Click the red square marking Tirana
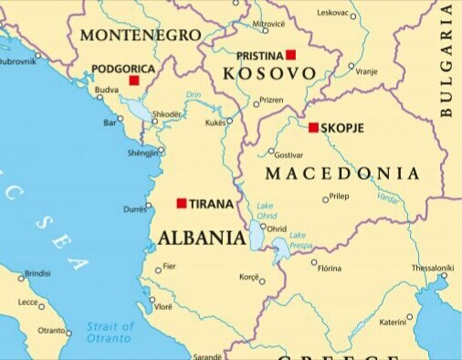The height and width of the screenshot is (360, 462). pyautogui.click(x=182, y=203)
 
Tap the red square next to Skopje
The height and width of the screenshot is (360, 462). pyautogui.click(x=313, y=128)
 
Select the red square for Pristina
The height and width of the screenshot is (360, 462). pyautogui.click(x=291, y=55)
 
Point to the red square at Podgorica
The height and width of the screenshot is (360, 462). pyautogui.click(x=134, y=80)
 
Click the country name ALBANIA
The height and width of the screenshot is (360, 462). pyautogui.click(x=202, y=238)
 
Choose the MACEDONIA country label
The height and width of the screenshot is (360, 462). pyautogui.click(x=342, y=174)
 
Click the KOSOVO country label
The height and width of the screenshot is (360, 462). pyautogui.click(x=264, y=72)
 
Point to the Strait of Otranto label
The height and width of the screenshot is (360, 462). pyautogui.click(x=110, y=332)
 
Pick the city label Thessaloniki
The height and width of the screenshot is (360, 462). pyautogui.click(x=432, y=268)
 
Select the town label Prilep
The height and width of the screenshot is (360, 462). pyautogui.click(x=339, y=196)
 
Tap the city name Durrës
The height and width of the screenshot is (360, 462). pyautogui.click(x=134, y=209)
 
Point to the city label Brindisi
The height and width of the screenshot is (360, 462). pyautogui.click(x=37, y=273)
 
